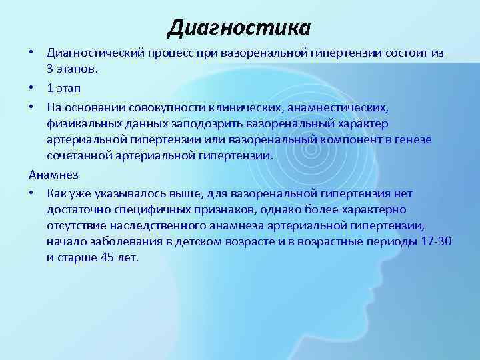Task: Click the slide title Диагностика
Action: (239, 27)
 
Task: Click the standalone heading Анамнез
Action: (54, 174)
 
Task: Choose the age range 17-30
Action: (436, 241)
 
